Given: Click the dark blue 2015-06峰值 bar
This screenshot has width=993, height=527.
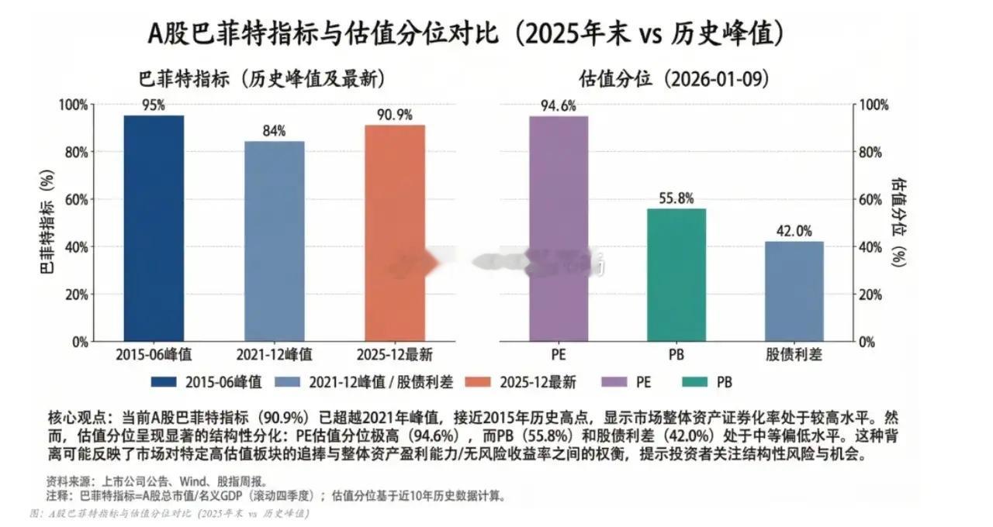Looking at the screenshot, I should pyautogui.click(x=154, y=229).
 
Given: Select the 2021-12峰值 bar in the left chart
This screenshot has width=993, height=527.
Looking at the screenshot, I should pyautogui.click(x=274, y=241).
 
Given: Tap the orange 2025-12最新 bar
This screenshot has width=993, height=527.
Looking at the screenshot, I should pyautogui.click(x=395, y=232).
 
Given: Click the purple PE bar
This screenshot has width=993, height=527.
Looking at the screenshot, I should pyautogui.click(x=559, y=229).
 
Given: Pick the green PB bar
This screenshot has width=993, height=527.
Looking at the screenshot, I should pyautogui.click(x=676, y=274).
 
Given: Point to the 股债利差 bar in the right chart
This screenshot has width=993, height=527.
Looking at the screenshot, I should pyautogui.click(x=794, y=291).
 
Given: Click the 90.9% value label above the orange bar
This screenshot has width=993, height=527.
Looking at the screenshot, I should pyautogui.click(x=395, y=115).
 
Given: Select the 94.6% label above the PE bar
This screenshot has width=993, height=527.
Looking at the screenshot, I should pyautogui.click(x=559, y=106).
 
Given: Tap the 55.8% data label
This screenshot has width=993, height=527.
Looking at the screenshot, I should pyautogui.click(x=676, y=198).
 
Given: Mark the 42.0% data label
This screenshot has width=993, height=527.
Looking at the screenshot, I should pyautogui.click(x=794, y=231).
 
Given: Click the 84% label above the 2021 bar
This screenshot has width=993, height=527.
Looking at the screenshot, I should pyautogui.click(x=274, y=131).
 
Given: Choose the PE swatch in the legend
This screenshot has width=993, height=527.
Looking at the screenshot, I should pyautogui.click(x=620, y=381).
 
